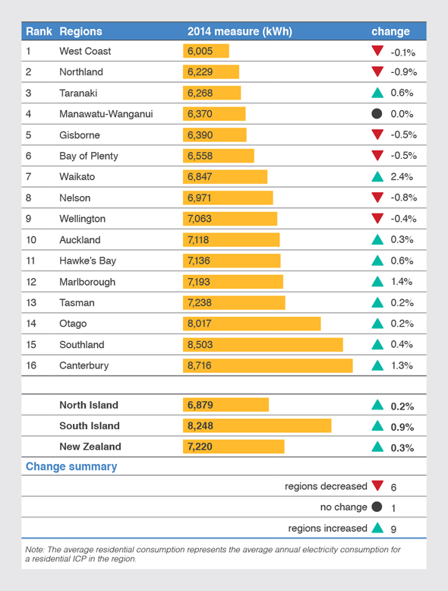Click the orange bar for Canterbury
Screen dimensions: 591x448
(x=267, y=365)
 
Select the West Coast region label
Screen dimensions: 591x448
(x=85, y=51)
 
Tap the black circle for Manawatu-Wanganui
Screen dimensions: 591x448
(x=377, y=114)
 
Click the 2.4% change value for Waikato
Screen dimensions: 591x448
(x=402, y=177)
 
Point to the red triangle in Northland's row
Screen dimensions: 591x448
(x=377, y=72)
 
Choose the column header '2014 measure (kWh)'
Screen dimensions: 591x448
(x=239, y=32)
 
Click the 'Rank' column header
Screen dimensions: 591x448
(x=38, y=32)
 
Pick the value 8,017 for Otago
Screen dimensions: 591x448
(x=200, y=324)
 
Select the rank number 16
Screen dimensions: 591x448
(x=32, y=365)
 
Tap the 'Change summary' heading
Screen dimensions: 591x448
(x=71, y=466)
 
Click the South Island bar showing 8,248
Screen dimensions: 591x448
(x=257, y=426)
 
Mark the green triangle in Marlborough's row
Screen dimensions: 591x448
(x=377, y=282)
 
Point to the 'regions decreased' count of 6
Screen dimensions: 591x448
(x=393, y=487)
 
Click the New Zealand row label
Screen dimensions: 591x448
(x=90, y=447)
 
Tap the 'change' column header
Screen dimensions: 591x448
(x=390, y=32)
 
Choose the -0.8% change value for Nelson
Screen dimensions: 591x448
(x=402, y=198)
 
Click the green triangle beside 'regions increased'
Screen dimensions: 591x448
(x=377, y=528)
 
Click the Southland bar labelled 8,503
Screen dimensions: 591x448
(x=263, y=345)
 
